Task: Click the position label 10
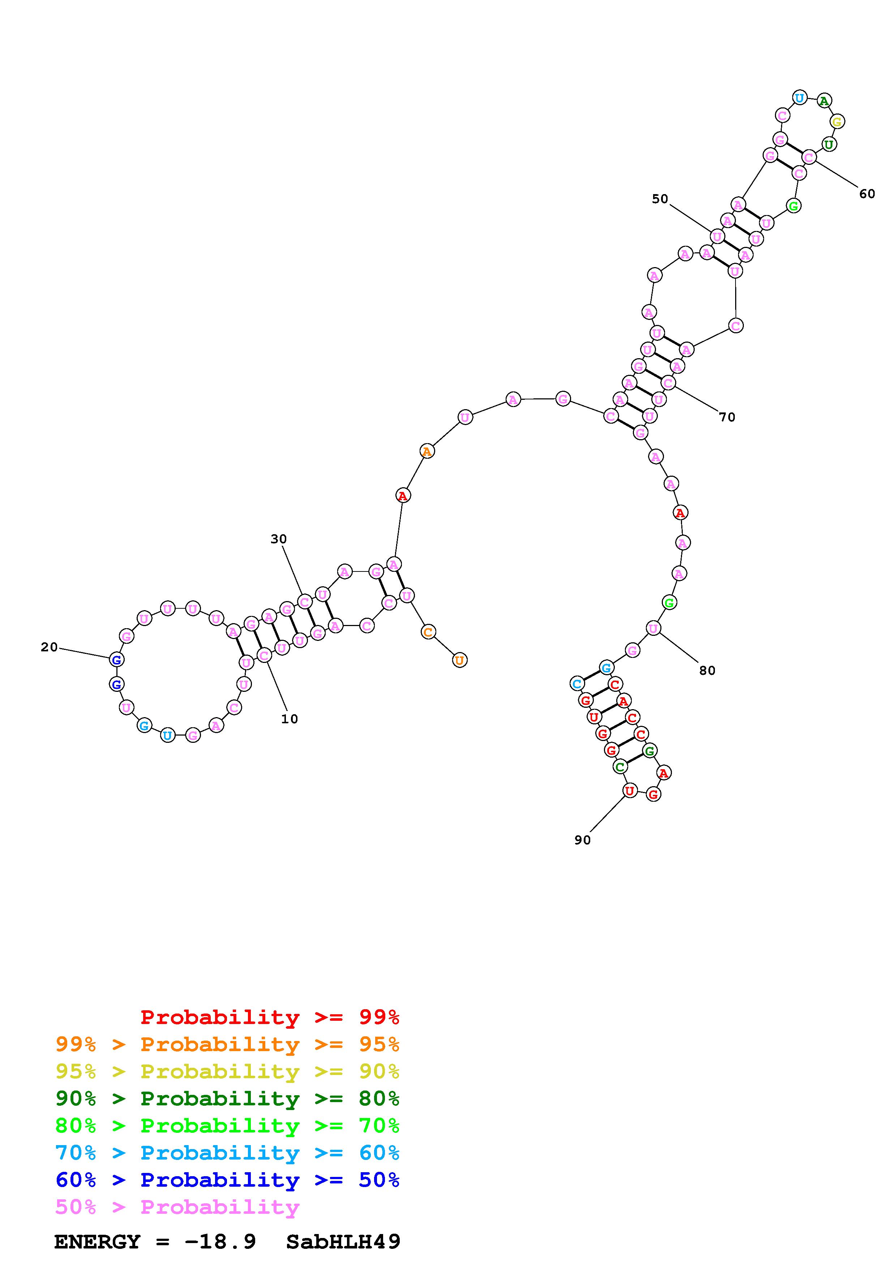(289, 719)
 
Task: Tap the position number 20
(49, 647)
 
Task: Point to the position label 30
(279, 539)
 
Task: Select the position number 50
(660, 199)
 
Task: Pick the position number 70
(727, 417)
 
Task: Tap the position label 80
(707, 671)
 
